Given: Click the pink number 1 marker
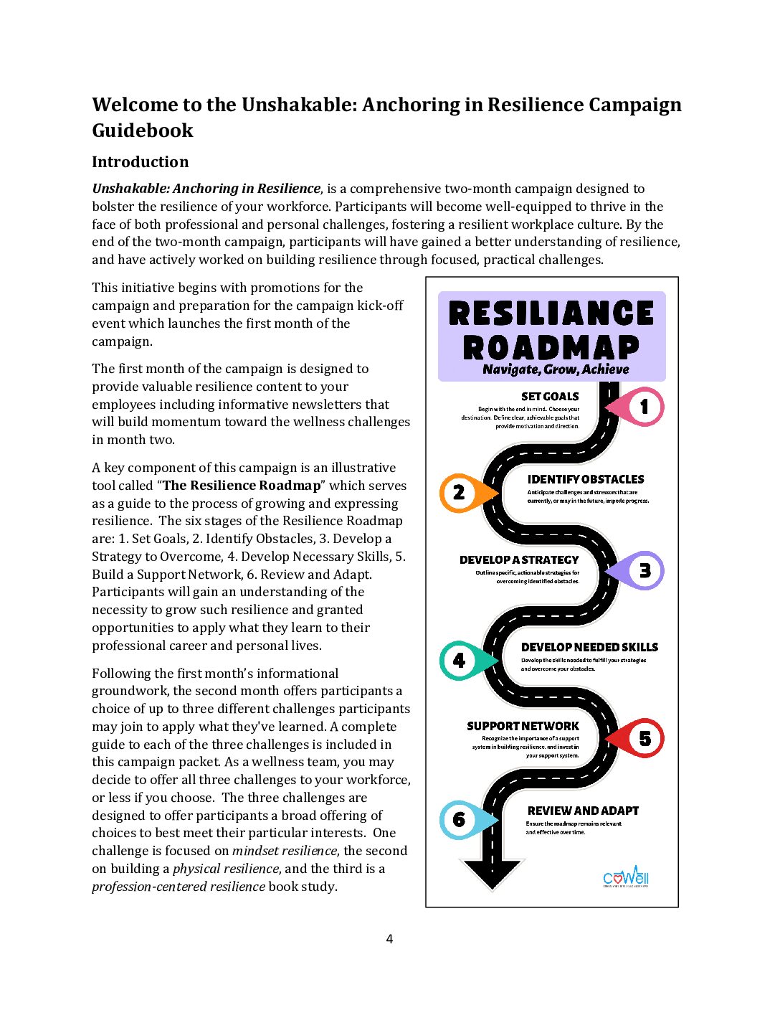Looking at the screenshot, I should (x=642, y=407).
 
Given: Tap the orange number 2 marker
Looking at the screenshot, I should (x=460, y=493).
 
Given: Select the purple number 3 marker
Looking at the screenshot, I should (x=643, y=571).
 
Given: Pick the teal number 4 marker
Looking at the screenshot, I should (x=460, y=660).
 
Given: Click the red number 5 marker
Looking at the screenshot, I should (x=643, y=738).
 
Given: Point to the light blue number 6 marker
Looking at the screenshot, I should (x=460, y=820).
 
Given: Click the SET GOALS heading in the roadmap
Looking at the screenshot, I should (x=550, y=396).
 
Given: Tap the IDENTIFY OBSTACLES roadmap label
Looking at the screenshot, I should (x=586, y=479).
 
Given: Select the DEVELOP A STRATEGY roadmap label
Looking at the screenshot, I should (x=519, y=560).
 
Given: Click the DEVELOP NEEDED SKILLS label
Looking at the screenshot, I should (x=589, y=647).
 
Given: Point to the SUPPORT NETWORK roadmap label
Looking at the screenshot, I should (x=523, y=726).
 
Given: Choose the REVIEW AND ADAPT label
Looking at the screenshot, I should (x=583, y=811).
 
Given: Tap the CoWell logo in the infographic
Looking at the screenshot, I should (x=626, y=877).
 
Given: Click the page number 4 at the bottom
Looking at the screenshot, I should (x=389, y=939).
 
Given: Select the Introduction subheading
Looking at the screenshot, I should (x=141, y=162).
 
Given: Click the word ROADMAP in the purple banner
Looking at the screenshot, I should (x=551, y=348).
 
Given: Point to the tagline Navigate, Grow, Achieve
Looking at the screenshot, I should (x=556, y=369).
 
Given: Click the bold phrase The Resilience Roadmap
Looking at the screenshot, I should (x=242, y=486).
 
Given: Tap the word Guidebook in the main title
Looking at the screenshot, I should (x=143, y=131).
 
